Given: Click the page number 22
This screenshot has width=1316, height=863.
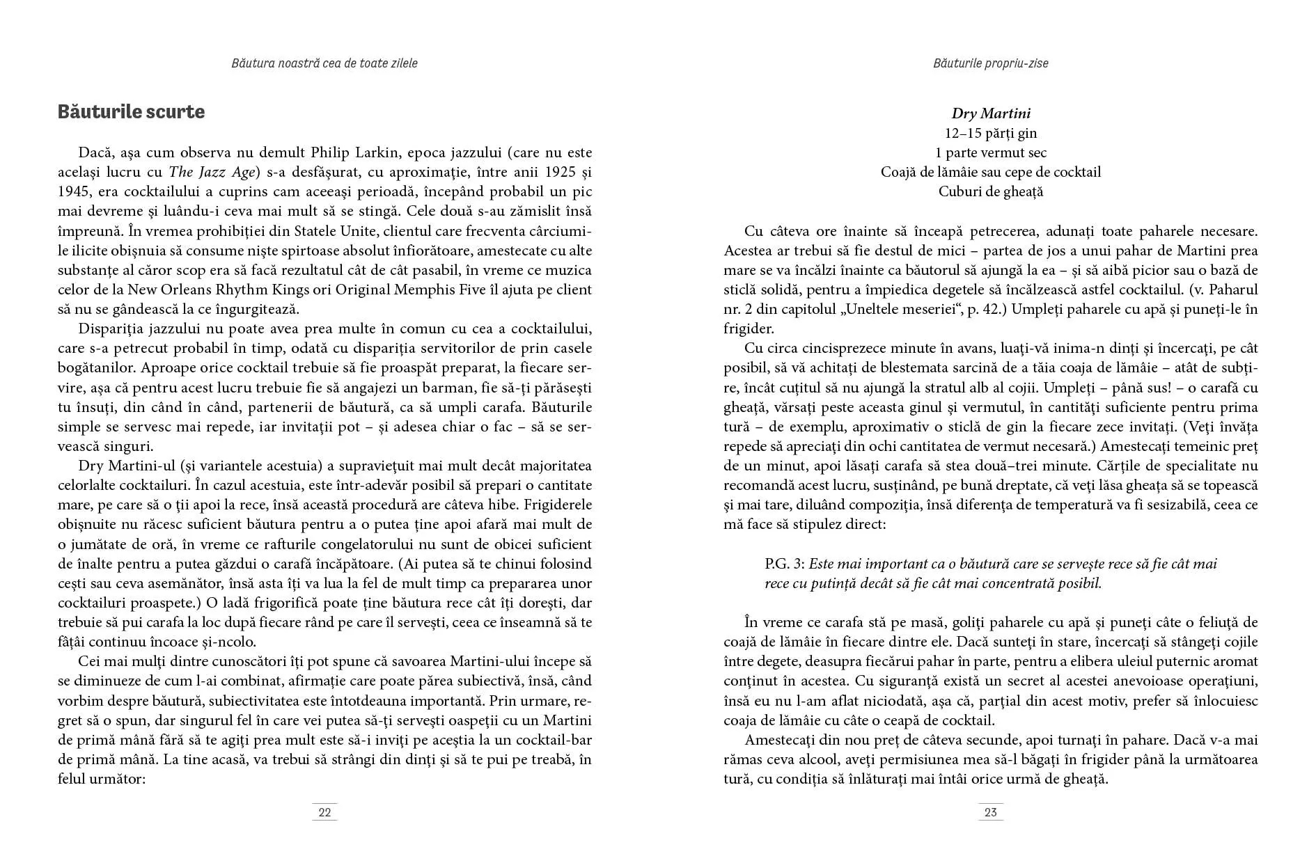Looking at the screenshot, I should click(324, 812).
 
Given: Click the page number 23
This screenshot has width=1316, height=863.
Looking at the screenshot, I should click(990, 812).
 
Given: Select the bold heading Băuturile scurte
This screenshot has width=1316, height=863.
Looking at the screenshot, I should click(131, 112).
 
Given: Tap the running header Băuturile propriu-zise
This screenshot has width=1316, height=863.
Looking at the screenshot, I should click(990, 63).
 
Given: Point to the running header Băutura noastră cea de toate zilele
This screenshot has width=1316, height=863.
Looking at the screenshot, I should click(324, 63).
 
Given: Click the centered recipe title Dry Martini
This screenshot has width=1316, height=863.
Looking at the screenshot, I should click(990, 113).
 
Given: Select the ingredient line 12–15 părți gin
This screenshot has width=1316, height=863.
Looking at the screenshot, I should click(990, 133).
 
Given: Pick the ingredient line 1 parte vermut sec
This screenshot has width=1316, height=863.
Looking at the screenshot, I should click(990, 152).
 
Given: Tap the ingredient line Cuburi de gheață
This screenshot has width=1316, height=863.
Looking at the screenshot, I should click(990, 191).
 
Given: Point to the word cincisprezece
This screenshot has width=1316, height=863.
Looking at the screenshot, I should click(838, 348).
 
